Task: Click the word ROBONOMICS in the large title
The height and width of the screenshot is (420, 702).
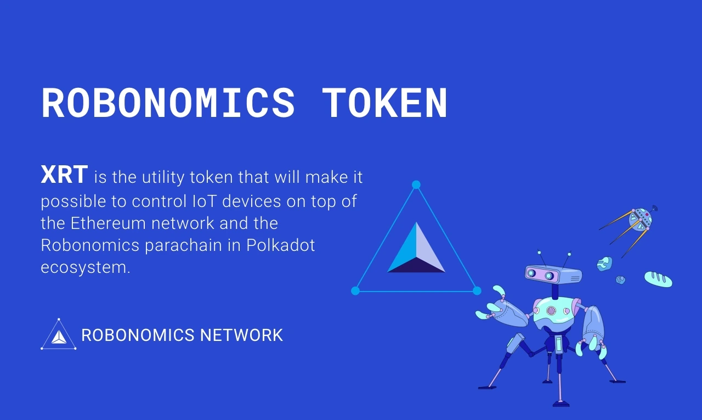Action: (168, 103)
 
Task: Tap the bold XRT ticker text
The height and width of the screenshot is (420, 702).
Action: (64, 175)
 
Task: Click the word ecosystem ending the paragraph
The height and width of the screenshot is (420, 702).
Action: (86, 268)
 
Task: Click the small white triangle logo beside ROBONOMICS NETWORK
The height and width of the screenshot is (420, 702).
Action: (59, 335)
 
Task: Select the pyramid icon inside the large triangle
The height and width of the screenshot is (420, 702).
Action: (416, 250)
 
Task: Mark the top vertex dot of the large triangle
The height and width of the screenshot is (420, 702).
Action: (416, 184)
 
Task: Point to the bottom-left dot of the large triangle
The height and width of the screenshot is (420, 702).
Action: (355, 290)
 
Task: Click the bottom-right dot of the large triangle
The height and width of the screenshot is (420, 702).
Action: (477, 290)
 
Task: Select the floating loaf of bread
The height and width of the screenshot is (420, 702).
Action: (658, 279)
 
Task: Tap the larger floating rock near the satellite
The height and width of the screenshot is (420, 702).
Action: (604, 264)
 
